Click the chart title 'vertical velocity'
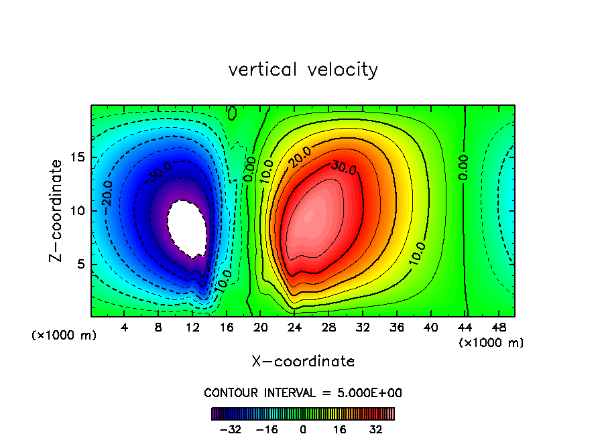(303, 70)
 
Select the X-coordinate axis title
(303, 361)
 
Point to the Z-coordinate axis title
(58, 210)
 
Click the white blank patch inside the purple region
(186, 228)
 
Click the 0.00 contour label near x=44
(463, 167)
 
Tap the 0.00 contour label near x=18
(249, 169)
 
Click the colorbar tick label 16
(339, 429)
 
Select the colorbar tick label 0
(303, 429)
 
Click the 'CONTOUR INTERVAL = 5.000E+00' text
(303, 392)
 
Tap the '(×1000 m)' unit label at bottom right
(491, 343)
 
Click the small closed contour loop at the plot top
(232, 113)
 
